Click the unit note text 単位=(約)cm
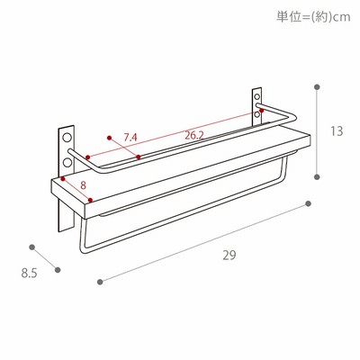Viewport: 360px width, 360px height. click(x=313, y=16)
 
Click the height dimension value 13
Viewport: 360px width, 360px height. click(x=337, y=131)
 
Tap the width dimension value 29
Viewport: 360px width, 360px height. click(x=229, y=256)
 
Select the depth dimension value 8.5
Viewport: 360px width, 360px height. click(x=29, y=274)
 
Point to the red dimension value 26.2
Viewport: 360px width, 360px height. click(x=194, y=136)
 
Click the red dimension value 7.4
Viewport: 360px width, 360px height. click(x=130, y=138)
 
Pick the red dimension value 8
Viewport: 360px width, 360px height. click(x=83, y=185)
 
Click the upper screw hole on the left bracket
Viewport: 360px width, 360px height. click(x=67, y=138)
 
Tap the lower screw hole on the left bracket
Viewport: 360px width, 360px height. click(x=67, y=162)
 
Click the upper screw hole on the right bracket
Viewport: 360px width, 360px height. click(x=257, y=97)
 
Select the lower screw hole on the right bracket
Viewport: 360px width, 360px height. click(x=257, y=114)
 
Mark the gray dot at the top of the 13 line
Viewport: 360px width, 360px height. click(x=317, y=87)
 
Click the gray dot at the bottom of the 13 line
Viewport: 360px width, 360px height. click(x=317, y=176)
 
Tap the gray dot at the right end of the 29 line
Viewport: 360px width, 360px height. click(x=308, y=204)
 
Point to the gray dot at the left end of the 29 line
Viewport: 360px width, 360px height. click(x=100, y=282)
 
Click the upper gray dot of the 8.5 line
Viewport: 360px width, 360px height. click(x=32, y=247)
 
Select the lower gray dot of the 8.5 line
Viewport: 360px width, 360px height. click(x=58, y=270)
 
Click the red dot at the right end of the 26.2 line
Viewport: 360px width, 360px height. click(x=262, y=111)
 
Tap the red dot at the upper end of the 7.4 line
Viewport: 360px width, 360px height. click(x=109, y=138)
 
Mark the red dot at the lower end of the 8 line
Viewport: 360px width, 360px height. click(x=90, y=200)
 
